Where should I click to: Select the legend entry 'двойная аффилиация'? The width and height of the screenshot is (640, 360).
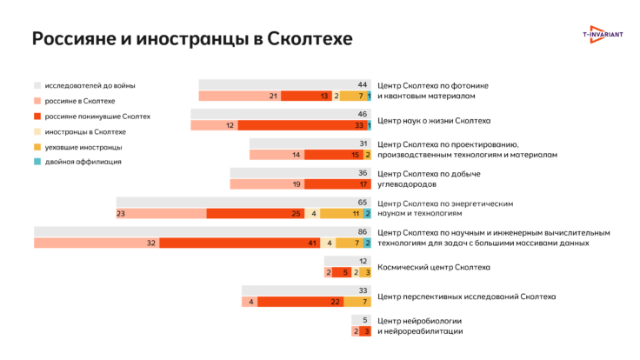tap(83, 162)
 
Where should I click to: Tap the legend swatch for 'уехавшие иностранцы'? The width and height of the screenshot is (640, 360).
tap(37, 147)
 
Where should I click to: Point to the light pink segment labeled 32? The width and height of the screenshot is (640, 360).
tap(97, 243)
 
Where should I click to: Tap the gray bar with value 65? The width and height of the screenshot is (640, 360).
tap(243, 203)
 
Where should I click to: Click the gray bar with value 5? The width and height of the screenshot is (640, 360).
tap(362, 321)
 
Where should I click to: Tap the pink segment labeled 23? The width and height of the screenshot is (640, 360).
tap(161, 213)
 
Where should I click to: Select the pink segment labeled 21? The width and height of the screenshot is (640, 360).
tap(239, 96)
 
